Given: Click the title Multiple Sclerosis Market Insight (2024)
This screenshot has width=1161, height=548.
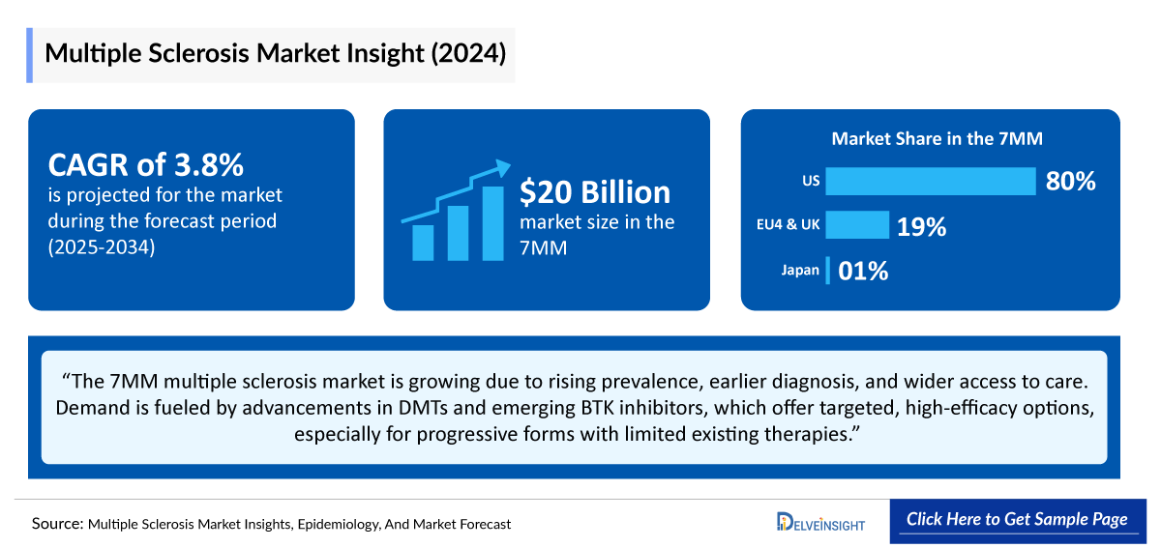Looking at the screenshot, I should click(x=275, y=54).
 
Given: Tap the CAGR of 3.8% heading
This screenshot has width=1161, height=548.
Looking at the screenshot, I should click(x=145, y=165).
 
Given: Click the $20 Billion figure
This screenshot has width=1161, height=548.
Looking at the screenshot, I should click(x=594, y=191).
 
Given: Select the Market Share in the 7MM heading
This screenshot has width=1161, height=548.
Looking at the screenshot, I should click(x=937, y=139).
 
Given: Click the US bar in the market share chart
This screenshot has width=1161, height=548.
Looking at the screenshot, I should click(x=930, y=181).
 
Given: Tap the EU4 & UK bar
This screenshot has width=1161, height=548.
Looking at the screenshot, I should click(x=856, y=225).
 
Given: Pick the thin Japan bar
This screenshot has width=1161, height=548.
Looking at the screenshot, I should click(x=828, y=271).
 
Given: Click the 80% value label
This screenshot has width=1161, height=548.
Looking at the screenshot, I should click(x=1069, y=181).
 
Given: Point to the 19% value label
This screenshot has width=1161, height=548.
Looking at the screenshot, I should click(x=920, y=226).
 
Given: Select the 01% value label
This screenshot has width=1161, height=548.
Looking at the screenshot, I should click(x=863, y=272).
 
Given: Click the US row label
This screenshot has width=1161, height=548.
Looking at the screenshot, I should click(x=810, y=181).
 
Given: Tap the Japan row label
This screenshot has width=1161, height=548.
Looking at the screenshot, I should click(x=800, y=271).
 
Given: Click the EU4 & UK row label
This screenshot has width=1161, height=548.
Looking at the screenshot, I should click(x=787, y=225).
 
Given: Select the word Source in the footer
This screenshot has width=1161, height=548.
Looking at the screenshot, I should click(x=57, y=523).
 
